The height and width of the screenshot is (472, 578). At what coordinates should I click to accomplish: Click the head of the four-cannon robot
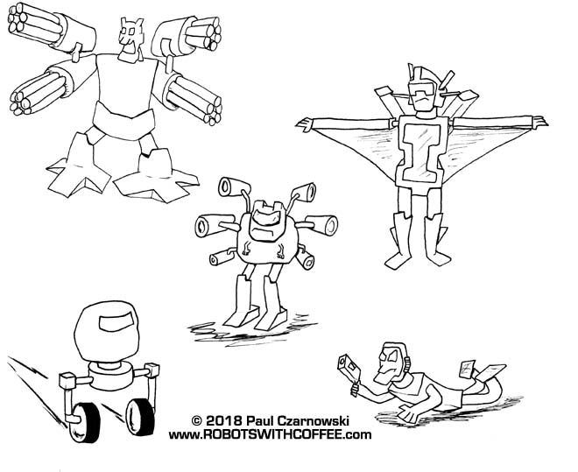pyautogui.click(x=130, y=39)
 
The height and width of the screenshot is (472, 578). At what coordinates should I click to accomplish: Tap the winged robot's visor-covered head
pyautogui.click(x=424, y=91)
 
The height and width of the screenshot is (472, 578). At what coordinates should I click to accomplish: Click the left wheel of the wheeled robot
pyautogui.click(x=85, y=422)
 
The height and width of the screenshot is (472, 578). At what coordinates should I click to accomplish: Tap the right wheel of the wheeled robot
pyautogui.click(x=140, y=417)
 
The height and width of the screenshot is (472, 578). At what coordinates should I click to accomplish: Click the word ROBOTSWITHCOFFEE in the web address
pyautogui.click(x=278, y=435)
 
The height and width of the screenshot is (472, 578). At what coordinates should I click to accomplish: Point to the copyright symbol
pyautogui.click(x=197, y=421)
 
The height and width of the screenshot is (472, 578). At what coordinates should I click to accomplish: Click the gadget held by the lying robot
pyautogui.click(x=349, y=370)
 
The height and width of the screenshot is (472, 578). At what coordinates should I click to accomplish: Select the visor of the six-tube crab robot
pyautogui.click(x=266, y=217)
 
